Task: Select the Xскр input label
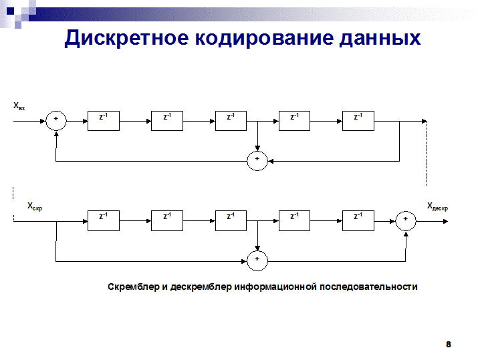tap(35, 207)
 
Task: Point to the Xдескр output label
tap(437, 207)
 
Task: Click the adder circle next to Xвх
tap(56, 120)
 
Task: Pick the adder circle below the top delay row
tap(257, 160)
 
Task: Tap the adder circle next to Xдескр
tap(405, 220)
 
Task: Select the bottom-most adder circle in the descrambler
tap(257, 259)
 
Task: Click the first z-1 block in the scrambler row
tap(104, 120)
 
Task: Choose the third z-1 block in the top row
tap(231, 120)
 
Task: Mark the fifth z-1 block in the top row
tap(358, 120)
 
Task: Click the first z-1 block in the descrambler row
tap(104, 220)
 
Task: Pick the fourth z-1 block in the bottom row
tap(295, 220)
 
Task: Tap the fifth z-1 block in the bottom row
tap(358, 220)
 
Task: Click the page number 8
tap(449, 345)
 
